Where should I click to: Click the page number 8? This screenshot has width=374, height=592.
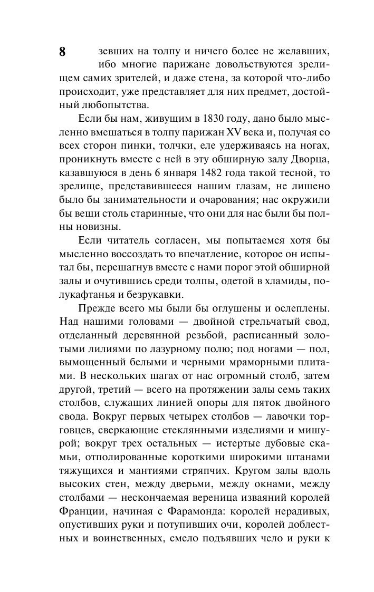[62, 52]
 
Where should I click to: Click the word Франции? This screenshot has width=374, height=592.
[77, 510]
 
